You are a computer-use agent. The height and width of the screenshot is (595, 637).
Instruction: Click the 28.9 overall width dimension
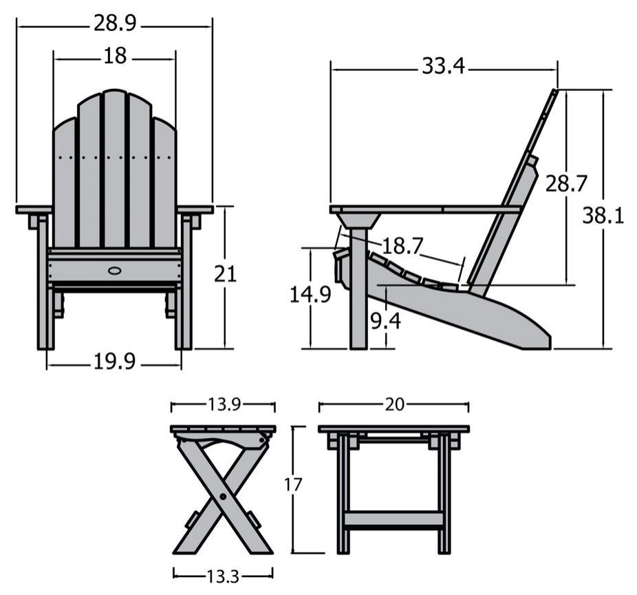(x=115, y=23)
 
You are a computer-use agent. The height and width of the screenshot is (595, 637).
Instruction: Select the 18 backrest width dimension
(x=115, y=56)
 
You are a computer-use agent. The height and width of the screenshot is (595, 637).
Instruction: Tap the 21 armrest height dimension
(x=225, y=274)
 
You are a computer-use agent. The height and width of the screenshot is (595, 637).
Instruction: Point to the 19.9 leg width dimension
(x=115, y=362)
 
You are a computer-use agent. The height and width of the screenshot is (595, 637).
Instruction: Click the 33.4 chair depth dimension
(x=443, y=66)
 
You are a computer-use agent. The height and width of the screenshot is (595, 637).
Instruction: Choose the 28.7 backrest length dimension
(x=566, y=184)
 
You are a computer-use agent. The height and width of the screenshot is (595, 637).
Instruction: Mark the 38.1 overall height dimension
(x=603, y=216)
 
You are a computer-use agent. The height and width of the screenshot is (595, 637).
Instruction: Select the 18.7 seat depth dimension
(x=402, y=245)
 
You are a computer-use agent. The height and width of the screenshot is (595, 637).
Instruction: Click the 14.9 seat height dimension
(x=310, y=295)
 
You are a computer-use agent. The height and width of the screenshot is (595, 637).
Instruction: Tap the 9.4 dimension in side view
(x=386, y=321)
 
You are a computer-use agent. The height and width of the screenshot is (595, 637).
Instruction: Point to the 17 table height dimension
(x=293, y=485)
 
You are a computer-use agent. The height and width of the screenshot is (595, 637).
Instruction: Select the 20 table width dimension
(x=393, y=405)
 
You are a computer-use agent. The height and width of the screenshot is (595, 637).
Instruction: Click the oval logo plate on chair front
(x=114, y=270)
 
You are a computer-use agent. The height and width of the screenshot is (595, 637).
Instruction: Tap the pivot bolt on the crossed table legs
(x=222, y=496)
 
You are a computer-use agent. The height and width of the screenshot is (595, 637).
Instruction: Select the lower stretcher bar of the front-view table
(x=393, y=519)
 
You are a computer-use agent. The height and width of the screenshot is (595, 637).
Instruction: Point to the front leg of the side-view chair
(x=358, y=303)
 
